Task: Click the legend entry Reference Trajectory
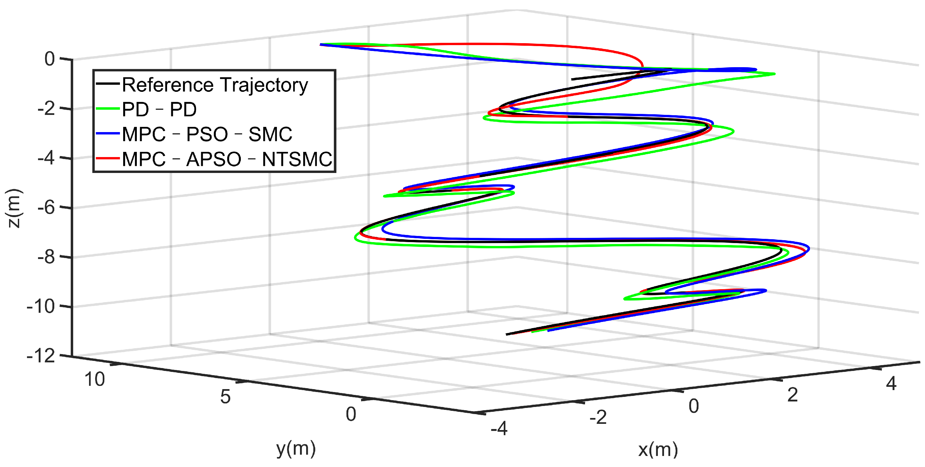click(215, 85)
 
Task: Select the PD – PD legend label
click(159, 109)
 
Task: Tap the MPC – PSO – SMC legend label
click(207, 134)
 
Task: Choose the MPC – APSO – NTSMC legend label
click(227, 159)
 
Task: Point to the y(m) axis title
click(296, 449)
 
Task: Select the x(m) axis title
click(658, 449)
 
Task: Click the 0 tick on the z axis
click(49, 59)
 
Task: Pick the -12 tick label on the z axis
click(41, 356)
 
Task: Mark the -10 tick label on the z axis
click(41, 306)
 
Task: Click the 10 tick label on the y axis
click(95, 379)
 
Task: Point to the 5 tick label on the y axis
click(225, 397)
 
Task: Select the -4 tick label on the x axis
click(499, 428)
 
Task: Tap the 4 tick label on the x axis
click(891, 383)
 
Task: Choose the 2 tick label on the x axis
click(792, 395)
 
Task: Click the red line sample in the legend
click(107, 158)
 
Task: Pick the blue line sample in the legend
click(107, 133)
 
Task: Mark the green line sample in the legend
click(107, 109)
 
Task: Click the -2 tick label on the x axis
click(598, 417)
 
